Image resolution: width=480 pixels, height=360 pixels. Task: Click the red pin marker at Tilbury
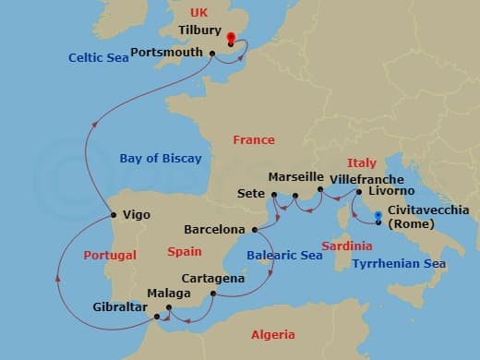[x=230, y=40]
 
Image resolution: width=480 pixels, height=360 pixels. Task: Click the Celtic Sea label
[x=98, y=57]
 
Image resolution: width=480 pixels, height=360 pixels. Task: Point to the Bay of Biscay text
[x=161, y=159]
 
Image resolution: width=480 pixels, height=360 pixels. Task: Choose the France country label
[x=254, y=140]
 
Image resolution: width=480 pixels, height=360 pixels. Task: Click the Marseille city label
[x=295, y=176]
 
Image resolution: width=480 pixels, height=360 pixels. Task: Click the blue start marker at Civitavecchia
[x=378, y=221]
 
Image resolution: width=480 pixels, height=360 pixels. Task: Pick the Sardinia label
[x=347, y=246]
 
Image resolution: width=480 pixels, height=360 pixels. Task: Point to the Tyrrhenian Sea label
[x=399, y=264]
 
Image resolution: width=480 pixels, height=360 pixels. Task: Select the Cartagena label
[x=213, y=278]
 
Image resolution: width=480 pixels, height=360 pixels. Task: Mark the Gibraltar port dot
[x=154, y=314]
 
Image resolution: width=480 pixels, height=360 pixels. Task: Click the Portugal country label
[x=110, y=256]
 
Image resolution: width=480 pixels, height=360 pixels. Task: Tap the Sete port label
[x=251, y=194]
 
